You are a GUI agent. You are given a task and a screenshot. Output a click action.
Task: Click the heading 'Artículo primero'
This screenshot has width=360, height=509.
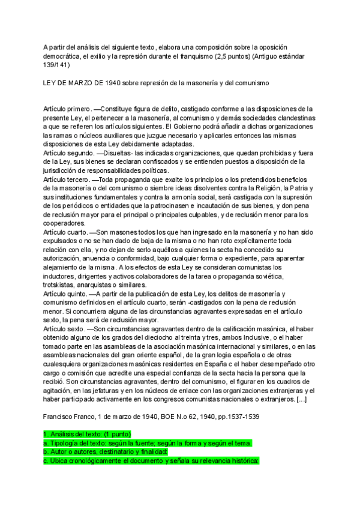[x=67, y=109]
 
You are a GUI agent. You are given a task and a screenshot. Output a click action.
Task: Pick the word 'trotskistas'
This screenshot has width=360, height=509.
[x=61, y=285]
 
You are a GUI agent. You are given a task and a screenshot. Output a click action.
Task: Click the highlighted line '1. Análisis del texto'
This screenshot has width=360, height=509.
[x=90, y=433]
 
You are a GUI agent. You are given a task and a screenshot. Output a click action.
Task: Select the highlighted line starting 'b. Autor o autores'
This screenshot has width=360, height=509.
[x=105, y=451]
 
